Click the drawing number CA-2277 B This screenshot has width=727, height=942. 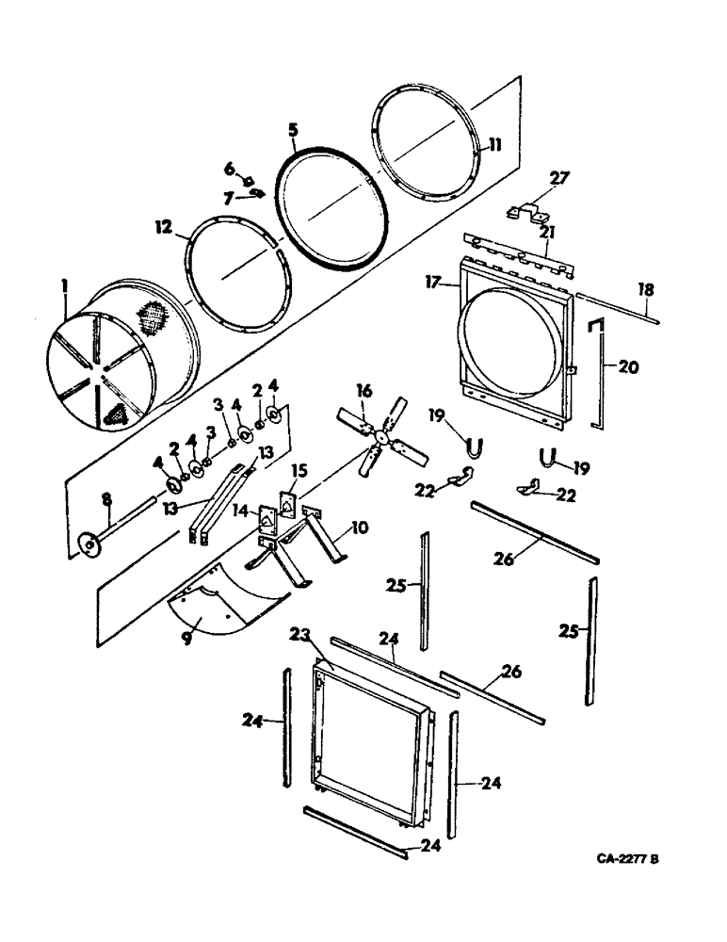click(x=627, y=860)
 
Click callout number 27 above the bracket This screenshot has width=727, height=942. click(x=559, y=178)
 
